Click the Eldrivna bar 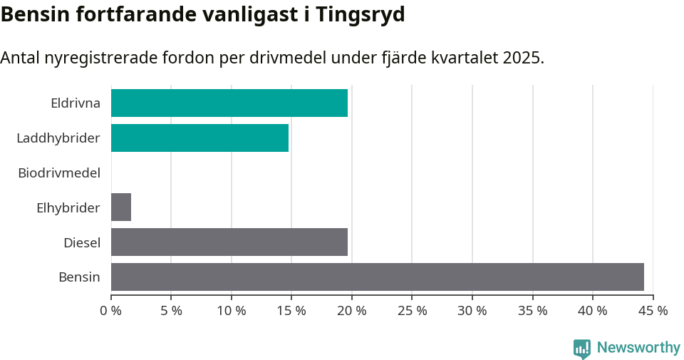pos(229,103)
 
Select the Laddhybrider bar pos(199,138)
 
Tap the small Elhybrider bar pos(121,207)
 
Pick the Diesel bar pos(229,242)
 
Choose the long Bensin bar pos(377,277)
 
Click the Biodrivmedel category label pos(59,173)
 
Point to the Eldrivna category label pos(76,103)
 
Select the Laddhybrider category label pos(58,138)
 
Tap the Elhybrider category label pos(68,208)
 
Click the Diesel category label pos(82,243)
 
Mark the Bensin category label pos(79,277)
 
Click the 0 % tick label pos(111,311)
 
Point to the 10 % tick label pos(232,311)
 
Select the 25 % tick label pos(413,311)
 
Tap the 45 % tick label pos(653,311)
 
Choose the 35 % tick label pos(533,311)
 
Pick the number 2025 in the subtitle pos(522,58)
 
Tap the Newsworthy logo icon pos(582,348)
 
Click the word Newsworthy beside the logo pos(638,348)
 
